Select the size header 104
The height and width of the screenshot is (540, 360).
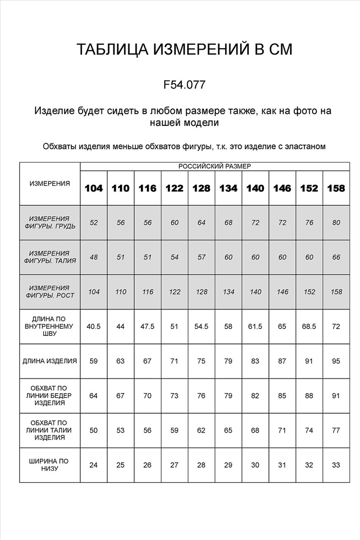[94, 188]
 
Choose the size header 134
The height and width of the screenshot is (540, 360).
[228, 188]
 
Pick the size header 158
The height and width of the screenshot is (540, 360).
[336, 188]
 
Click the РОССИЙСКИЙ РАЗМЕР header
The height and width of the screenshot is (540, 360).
[214, 167]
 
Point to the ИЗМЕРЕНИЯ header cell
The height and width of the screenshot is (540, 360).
[50, 184]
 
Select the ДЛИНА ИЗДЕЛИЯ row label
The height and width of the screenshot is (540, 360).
[50, 361]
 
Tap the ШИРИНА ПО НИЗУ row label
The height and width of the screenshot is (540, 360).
[50, 465]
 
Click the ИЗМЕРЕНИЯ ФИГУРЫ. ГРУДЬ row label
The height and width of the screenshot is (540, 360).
[50, 222]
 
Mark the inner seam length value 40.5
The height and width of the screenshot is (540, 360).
[94, 326]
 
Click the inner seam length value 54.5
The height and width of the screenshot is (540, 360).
[201, 326]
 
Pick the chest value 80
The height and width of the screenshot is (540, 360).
[336, 222]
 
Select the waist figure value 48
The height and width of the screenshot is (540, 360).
[94, 257]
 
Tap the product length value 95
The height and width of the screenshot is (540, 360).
[336, 361]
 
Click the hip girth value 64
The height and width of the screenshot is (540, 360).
[94, 395]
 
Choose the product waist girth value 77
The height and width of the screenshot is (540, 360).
[336, 430]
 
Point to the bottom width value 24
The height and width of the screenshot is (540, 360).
[94, 465]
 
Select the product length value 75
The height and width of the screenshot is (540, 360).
[201, 361]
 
